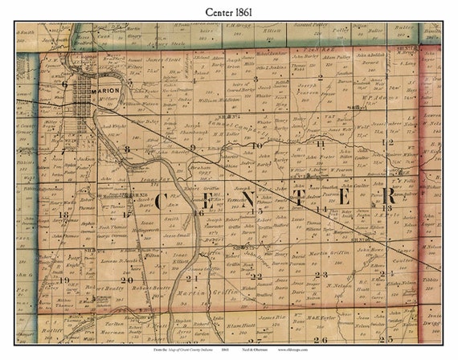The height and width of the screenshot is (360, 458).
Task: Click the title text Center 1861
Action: pos(228,11)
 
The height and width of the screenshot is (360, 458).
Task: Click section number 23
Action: pos(317,275)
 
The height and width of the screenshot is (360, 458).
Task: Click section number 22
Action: pos(256,276)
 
